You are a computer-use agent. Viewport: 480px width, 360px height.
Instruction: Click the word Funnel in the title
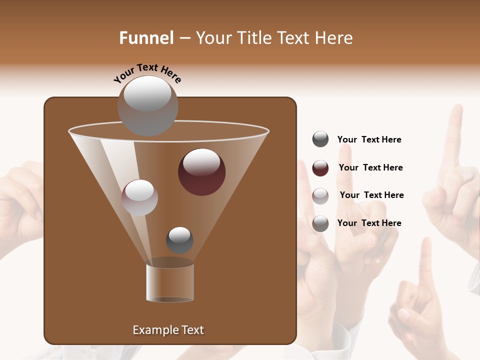[146, 38]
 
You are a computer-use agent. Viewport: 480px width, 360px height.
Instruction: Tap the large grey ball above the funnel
[147, 106]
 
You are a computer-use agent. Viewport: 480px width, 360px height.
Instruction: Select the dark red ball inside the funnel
[202, 172]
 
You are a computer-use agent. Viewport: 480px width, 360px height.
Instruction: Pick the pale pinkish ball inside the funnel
[139, 197]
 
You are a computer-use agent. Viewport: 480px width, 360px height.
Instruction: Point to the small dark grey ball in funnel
[179, 240]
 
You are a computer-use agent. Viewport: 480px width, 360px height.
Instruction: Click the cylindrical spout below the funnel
[170, 283]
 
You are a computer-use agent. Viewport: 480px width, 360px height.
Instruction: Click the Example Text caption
[168, 330]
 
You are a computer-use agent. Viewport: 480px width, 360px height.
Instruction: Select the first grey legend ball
[320, 139]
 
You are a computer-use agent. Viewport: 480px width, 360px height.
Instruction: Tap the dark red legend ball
[320, 168]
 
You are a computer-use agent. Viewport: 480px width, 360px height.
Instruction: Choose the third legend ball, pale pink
[320, 195]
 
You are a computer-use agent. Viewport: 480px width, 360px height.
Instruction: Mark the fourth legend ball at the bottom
[320, 223]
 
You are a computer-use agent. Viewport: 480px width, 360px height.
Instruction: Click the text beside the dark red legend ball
[370, 167]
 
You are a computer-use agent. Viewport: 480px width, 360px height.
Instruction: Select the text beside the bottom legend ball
[369, 223]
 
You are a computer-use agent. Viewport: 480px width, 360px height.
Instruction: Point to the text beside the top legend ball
[369, 139]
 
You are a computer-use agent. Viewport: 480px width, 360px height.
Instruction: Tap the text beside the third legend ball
[371, 195]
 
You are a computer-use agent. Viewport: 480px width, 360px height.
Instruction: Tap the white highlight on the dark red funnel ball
[201, 161]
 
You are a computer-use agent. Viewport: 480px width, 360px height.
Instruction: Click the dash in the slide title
[184, 38]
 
